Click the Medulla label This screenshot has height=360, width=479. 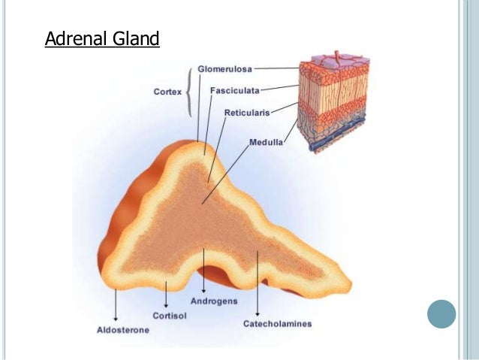(x=266, y=142)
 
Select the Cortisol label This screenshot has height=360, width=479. (x=170, y=316)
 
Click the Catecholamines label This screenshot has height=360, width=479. (x=277, y=324)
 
